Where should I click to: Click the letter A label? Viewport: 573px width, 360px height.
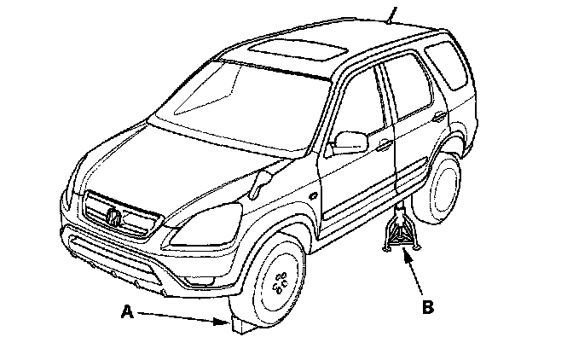coord(126,313)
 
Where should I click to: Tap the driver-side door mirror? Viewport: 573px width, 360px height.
coord(347,142)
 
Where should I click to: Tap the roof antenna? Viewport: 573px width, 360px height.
coord(392,12)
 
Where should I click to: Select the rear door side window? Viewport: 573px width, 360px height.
coord(408,85)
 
